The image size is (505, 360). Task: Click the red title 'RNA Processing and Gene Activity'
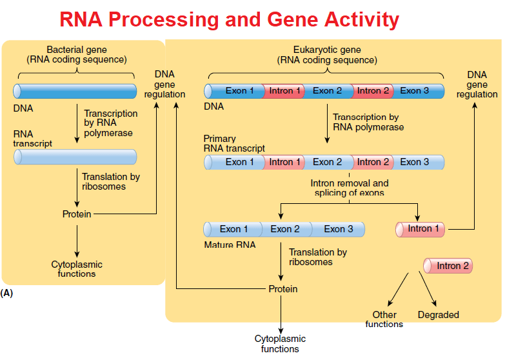[x=229, y=19]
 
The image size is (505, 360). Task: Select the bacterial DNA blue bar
[x=75, y=91]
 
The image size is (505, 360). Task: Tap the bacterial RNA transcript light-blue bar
[x=75, y=157]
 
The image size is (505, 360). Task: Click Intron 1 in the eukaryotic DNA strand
[x=284, y=91]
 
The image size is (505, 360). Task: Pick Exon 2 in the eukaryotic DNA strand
[x=327, y=91]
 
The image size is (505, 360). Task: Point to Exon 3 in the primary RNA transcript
[x=414, y=162]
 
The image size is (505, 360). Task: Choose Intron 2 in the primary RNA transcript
[x=373, y=162]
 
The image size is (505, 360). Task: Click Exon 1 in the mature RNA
[x=233, y=229]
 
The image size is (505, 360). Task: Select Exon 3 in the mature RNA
[x=339, y=229]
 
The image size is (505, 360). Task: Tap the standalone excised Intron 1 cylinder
[x=422, y=229]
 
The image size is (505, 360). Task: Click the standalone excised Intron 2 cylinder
[x=448, y=266]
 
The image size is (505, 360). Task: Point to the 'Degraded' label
[x=438, y=315]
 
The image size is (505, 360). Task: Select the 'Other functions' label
[x=384, y=319]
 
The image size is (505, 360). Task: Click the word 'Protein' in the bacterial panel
[x=77, y=214]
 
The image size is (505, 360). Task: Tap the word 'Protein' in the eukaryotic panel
[x=283, y=289]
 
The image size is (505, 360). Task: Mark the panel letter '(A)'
[x=7, y=293]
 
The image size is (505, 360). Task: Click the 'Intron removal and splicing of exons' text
[x=350, y=188]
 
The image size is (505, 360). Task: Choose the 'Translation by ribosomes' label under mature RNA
[x=318, y=257]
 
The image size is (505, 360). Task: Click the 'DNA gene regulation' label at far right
[x=477, y=85]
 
